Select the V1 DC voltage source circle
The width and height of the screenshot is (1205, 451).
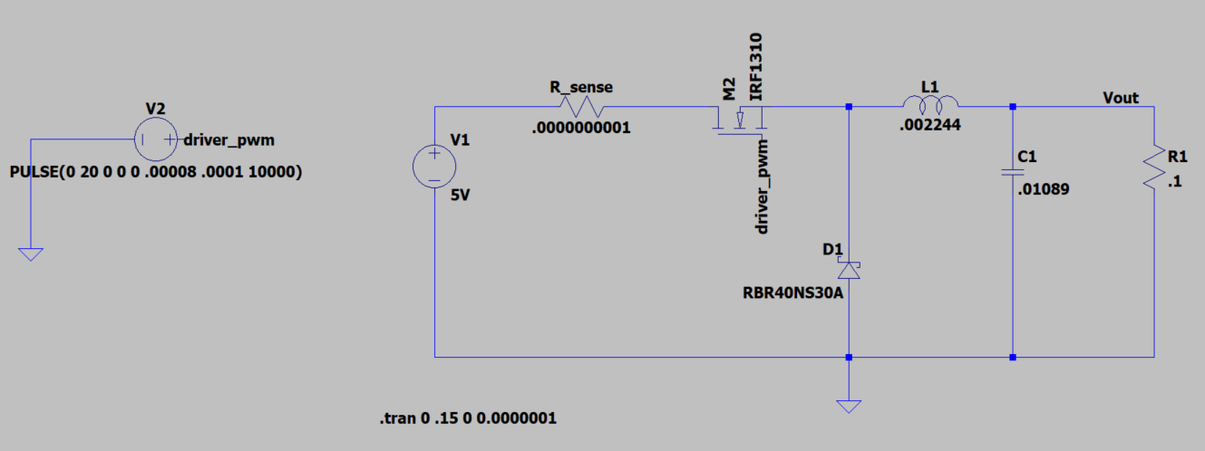435,168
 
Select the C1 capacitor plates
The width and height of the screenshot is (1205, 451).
1013,172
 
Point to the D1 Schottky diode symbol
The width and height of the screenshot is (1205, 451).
849,270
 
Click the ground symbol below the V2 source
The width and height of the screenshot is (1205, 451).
31,254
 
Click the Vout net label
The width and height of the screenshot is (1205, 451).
1121,97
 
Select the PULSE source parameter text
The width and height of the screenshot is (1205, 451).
155,171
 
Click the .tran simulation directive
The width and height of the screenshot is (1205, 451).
467,418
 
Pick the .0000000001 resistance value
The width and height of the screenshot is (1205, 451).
581,128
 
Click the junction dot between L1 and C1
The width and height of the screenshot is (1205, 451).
1013,107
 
